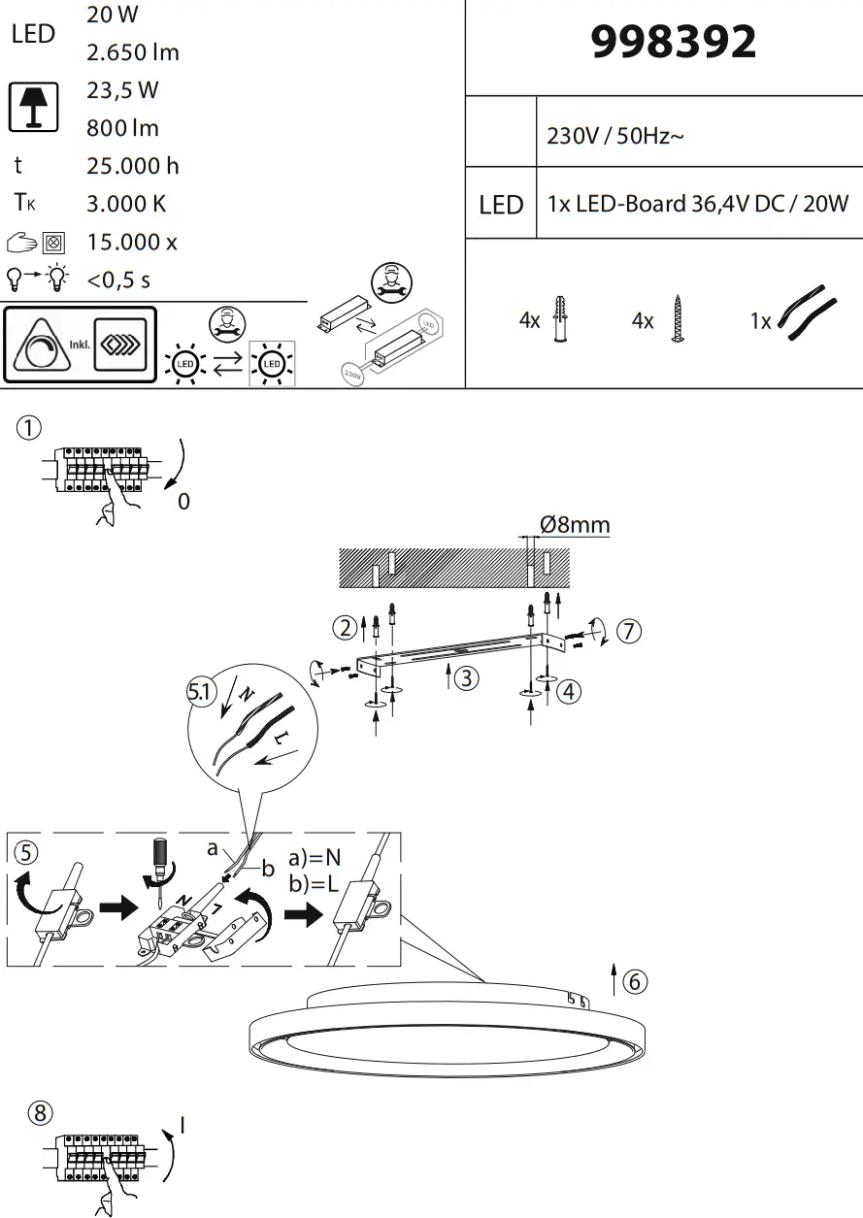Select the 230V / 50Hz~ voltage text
[x=615, y=136]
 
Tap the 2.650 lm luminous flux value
[x=133, y=52]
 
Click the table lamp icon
[x=34, y=107]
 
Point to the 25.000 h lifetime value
[x=133, y=166]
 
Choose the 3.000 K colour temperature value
[x=126, y=204]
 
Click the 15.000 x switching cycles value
[x=132, y=242]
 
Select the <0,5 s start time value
[x=118, y=280]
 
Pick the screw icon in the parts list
[x=676, y=319]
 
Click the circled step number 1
[x=30, y=427]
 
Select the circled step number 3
[x=467, y=678]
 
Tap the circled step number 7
[x=629, y=631]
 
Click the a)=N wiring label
[x=315, y=858]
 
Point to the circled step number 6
[x=634, y=981]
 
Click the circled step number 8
[x=39, y=1113]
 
